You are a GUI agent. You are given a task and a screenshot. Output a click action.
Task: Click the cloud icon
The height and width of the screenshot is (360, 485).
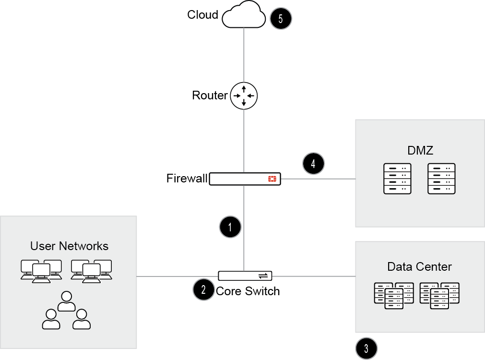(244, 16)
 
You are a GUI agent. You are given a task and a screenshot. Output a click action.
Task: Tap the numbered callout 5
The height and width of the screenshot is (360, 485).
(281, 19)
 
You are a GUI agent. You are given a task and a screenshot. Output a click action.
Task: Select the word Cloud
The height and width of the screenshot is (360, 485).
(202, 15)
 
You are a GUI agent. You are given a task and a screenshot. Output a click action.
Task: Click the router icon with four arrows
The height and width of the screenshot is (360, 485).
(244, 96)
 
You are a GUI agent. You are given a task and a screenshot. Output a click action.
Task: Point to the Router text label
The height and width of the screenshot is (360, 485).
(210, 96)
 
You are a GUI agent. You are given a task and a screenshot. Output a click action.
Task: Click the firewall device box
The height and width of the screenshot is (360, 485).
(245, 179)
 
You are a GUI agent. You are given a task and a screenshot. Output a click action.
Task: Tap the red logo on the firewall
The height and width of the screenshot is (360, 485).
(272, 179)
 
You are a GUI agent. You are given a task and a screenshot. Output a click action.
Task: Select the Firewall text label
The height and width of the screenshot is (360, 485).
(187, 179)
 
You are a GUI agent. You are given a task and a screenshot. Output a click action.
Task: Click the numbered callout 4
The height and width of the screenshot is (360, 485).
(313, 164)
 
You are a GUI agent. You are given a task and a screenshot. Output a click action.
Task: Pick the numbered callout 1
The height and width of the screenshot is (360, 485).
(230, 227)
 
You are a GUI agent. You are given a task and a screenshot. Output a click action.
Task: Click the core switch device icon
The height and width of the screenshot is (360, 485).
(245, 276)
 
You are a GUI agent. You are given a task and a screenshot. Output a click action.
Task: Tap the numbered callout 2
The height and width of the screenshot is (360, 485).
(203, 289)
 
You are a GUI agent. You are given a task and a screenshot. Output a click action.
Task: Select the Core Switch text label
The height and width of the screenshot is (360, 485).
(248, 291)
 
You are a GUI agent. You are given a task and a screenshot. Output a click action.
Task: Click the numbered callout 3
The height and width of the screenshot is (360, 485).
(366, 348)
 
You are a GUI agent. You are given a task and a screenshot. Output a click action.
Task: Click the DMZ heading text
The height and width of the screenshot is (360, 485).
(420, 151)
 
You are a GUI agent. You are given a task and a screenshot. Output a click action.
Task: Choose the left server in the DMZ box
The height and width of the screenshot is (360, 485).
(397, 179)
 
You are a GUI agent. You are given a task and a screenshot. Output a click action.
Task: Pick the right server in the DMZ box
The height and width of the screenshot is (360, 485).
(441, 179)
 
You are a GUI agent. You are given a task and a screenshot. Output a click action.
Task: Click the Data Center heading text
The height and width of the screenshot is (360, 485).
(419, 266)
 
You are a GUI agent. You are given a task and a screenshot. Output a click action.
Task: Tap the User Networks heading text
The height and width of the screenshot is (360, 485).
(69, 246)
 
